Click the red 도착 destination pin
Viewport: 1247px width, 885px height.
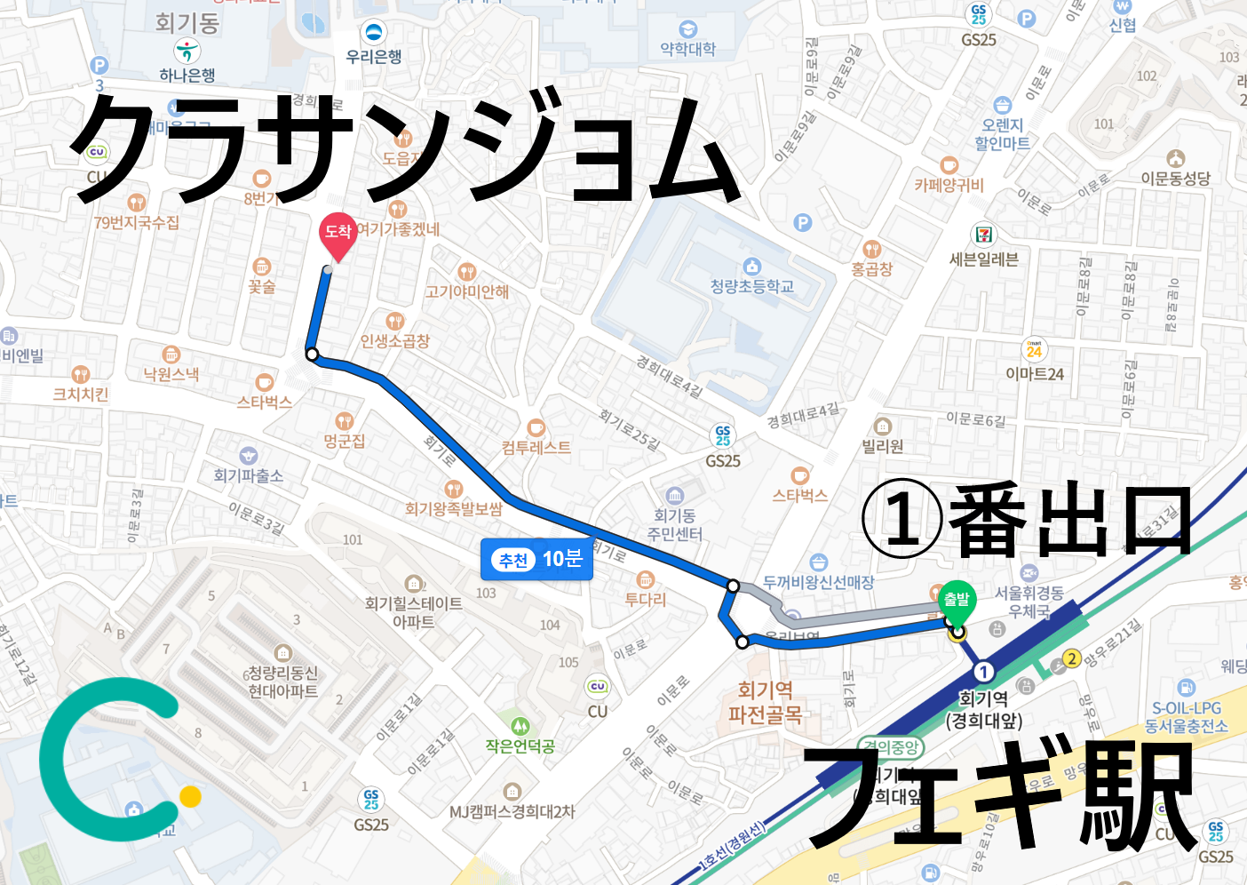[338, 234]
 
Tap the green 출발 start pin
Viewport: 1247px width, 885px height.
[957, 602]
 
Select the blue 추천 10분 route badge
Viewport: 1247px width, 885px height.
[537, 559]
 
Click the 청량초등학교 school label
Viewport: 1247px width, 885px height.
[751, 286]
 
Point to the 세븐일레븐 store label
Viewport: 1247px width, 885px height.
[983, 259]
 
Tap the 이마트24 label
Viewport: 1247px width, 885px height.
[1034, 374]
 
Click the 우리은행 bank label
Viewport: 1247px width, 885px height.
[374, 57]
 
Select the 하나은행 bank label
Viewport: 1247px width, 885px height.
[187, 76]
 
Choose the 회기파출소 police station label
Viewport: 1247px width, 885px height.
[248, 475]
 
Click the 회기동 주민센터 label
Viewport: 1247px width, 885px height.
[675, 525]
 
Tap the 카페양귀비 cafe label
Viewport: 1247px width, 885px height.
[949, 185]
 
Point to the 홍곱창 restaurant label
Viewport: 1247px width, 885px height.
[871, 268]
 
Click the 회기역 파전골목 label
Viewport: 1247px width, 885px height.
[766, 702]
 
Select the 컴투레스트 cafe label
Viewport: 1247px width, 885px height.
[536, 447]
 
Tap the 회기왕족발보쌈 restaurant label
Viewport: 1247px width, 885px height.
[453, 508]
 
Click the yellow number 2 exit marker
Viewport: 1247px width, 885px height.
[1071, 658]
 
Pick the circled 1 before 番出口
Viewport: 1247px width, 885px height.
[901, 519]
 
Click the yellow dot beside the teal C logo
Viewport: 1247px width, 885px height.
[190, 796]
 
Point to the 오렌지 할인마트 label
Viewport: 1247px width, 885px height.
[1002, 134]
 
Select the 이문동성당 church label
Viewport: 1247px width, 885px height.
[1175, 179]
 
